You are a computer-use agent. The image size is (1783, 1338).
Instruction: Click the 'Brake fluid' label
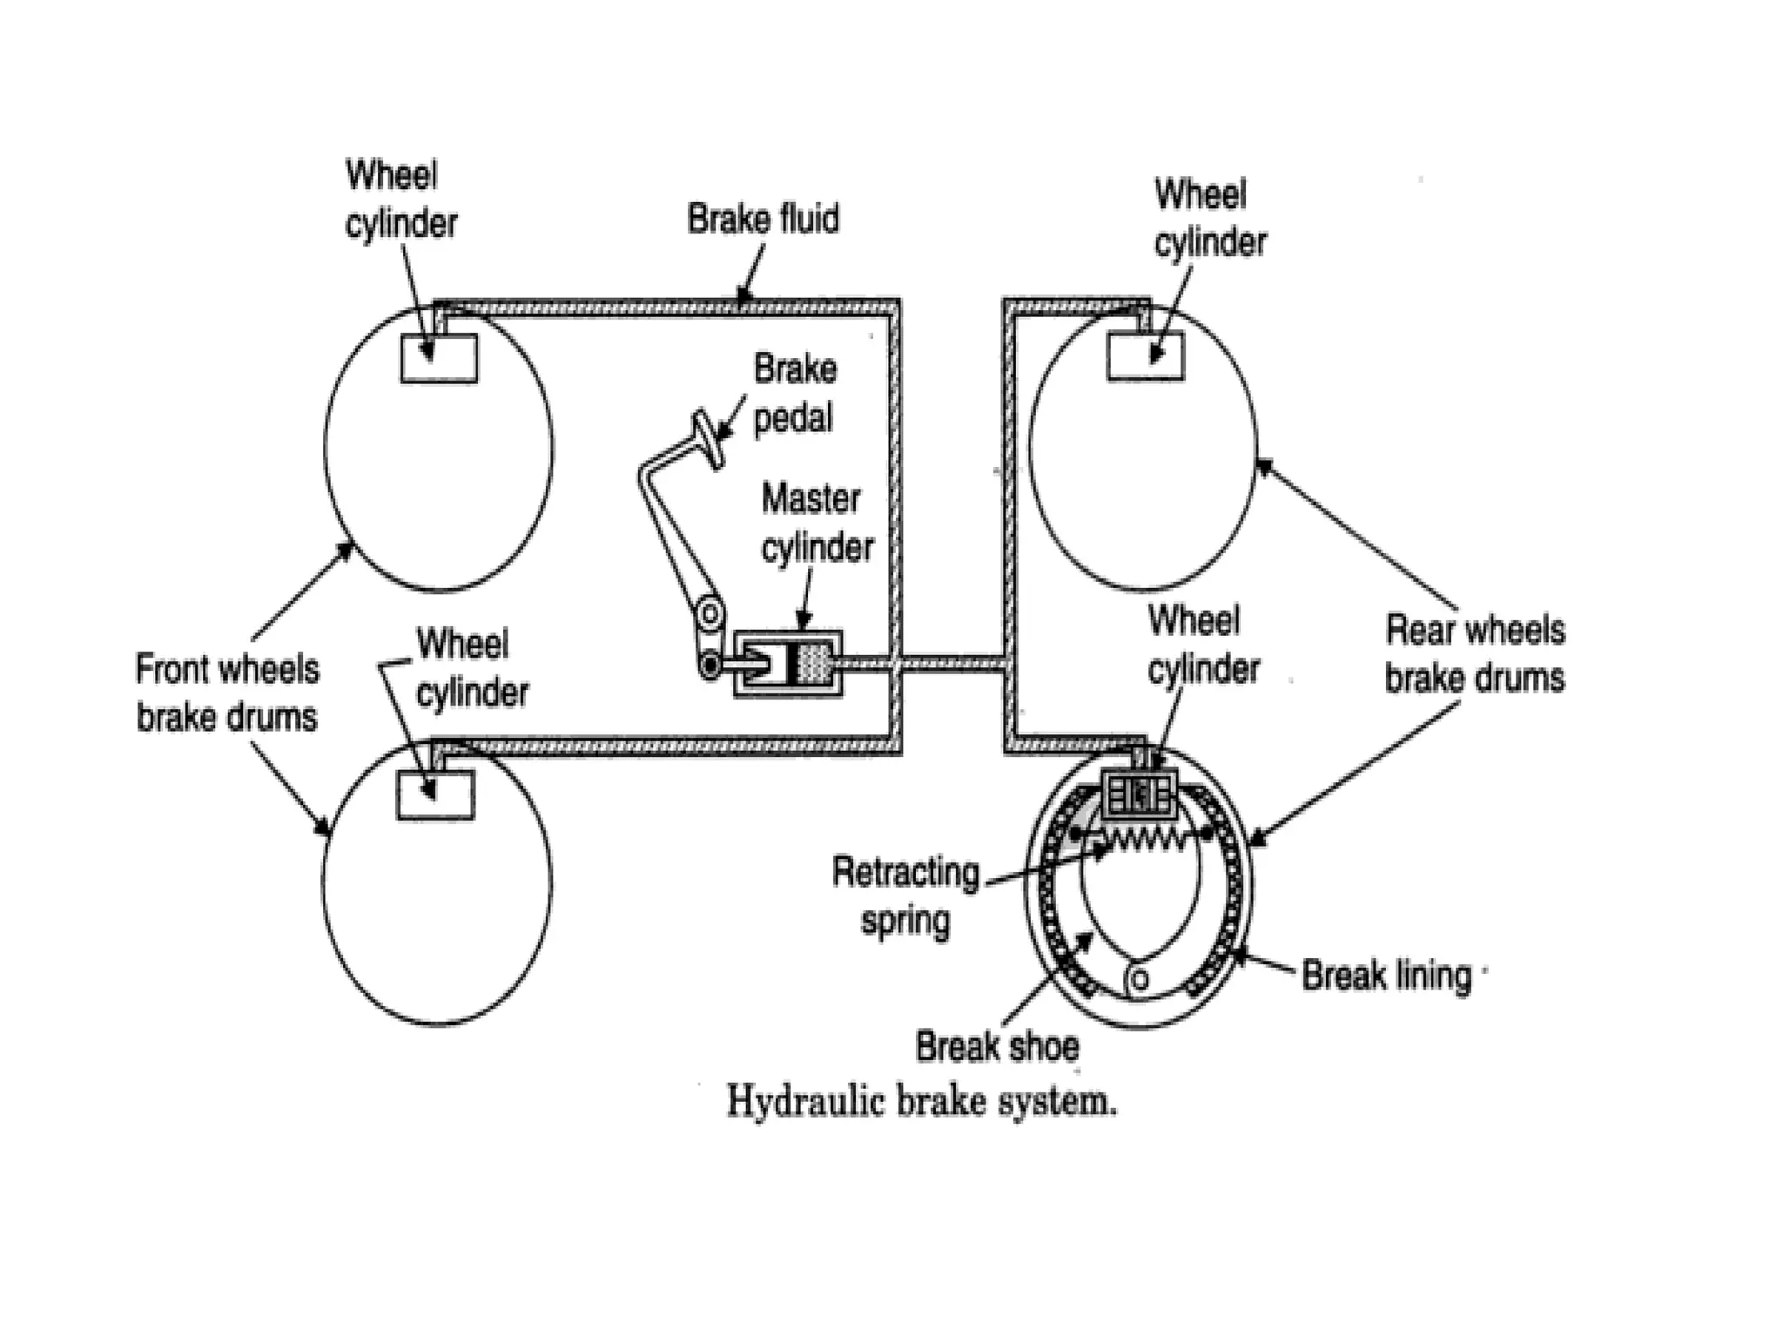pyautogui.click(x=763, y=220)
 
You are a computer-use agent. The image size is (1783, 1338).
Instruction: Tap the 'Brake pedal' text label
pyautogui.click(x=794, y=394)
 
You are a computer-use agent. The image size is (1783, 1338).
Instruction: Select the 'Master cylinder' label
pyautogui.click(x=817, y=524)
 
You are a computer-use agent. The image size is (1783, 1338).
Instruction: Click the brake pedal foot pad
pyautogui.click(x=709, y=440)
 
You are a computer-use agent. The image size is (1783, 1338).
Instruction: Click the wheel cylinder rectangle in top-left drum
pyautogui.click(x=439, y=358)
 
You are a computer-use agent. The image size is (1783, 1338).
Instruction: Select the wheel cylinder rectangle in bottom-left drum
pyautogui.click(x=435, y=795)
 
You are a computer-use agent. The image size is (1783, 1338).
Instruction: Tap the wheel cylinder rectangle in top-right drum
pyautogui.click(x=1145, y=356)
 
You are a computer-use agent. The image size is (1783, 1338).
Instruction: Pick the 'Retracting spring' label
pyautogui.click(x=905, y=895)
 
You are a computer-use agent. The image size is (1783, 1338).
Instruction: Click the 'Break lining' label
pyautogui.click(x=1386, y=976)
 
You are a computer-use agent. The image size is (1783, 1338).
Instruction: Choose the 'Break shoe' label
pyautogui.click(x=997, y=1046)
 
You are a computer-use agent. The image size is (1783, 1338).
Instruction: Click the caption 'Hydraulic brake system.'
pyautogui.click(x=921, y=1102)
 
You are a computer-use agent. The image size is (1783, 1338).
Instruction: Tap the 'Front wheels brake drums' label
pyautogui.click(x=227, y=693)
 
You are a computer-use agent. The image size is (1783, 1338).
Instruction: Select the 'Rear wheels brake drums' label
pyautogui.click(x=1475, y=653)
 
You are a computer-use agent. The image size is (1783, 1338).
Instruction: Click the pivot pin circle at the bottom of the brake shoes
pyautogui.click(x=1140, y=981)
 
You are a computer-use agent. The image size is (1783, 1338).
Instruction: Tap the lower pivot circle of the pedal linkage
pyautogui.click(x=710, y=667)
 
